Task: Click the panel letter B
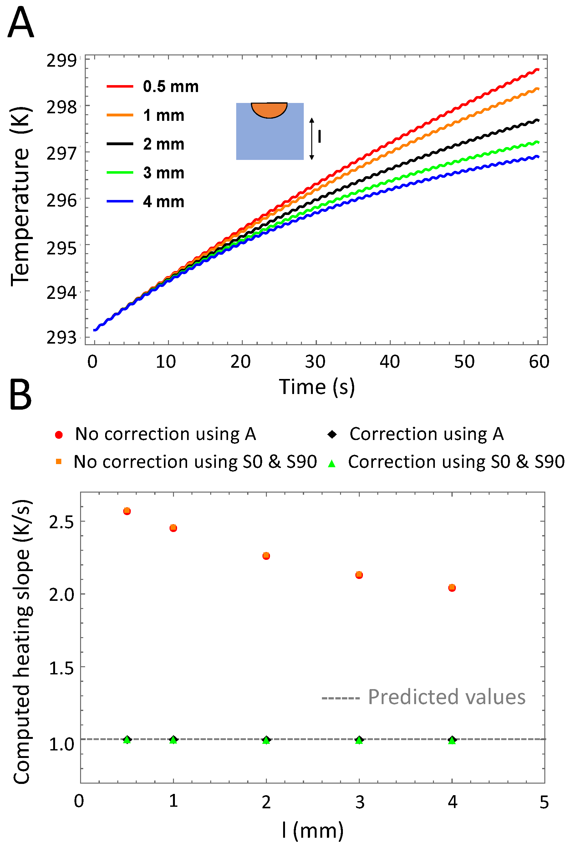click(x=20, y=395)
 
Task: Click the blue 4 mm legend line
click(x=120, y=201)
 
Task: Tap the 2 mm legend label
click(x=164, y=144)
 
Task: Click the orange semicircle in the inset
click(x=269, y=110)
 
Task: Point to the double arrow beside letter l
click(x=312, y=139)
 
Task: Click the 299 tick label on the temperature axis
click(x=61, y=60)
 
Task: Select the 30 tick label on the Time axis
click(x=315, y=362)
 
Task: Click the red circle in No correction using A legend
click(x=59, y=434)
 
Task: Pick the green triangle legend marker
click(x=332, y=463)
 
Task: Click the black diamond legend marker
click(x=332, y=434)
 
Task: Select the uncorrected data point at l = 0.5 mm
click(x=127, y=511)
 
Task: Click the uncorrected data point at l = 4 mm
click(x=452, y=588)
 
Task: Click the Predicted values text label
click(x=446, y=697)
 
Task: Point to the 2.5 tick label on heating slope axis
click(x=61, y=522)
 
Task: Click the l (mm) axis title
click(x=313, y=831)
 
